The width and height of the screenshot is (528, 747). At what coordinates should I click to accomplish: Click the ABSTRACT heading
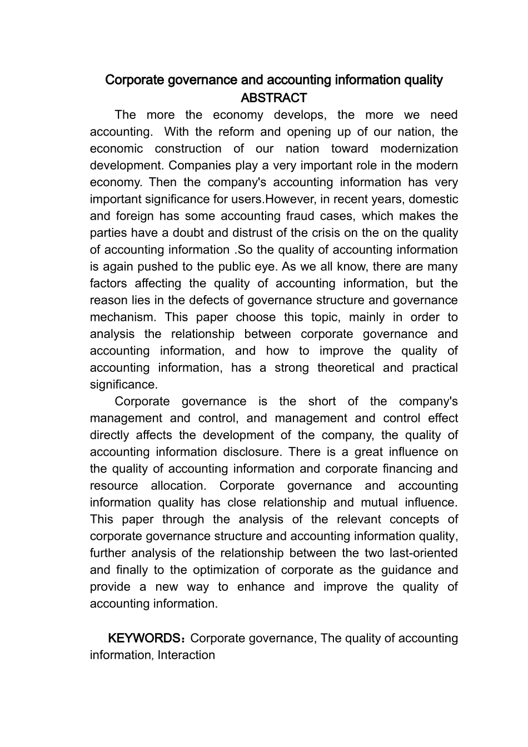click(273, 98)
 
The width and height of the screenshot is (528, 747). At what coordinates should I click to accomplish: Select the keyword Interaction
click(186, 655)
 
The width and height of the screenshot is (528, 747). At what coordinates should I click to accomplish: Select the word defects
click(216, 300)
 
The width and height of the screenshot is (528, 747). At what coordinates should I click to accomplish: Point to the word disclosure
click(251, 452)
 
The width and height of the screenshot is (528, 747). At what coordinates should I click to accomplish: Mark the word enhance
click(261, 586)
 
